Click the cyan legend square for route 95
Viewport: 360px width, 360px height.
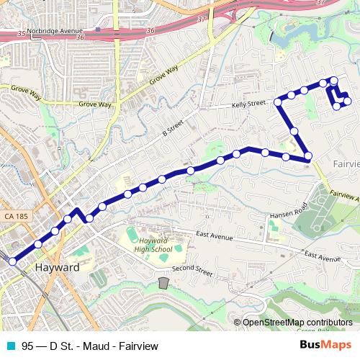[x=9, y=346]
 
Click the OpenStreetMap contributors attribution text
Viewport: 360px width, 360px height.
[x=297, y=322]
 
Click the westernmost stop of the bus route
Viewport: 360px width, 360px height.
[x=12, y=261]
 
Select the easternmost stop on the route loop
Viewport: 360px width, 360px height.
[x=348, y=101]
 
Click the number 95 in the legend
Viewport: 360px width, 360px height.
[x=27, y=346]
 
